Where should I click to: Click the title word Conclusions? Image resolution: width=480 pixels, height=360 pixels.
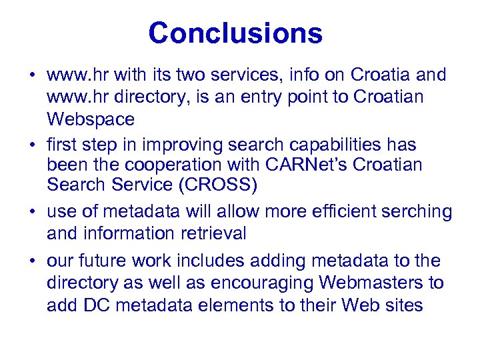tap(235, 33)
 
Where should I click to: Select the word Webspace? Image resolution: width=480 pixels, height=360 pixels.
tap(91, 120)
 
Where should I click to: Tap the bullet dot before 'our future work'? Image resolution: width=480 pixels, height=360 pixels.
tap(32, 260)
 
